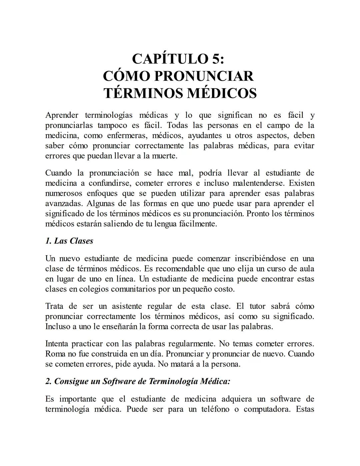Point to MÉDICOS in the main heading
[x=221, y=93]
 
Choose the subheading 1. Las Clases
[x=69, y=241]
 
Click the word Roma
[x=55, y=354]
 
